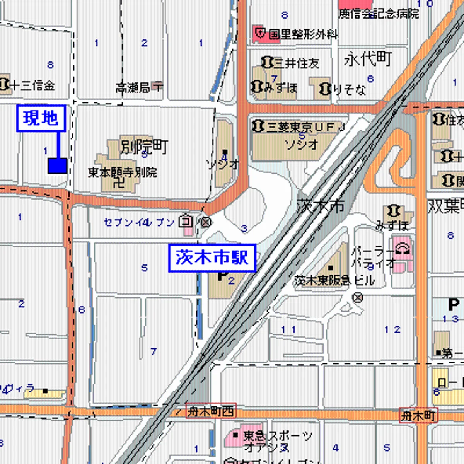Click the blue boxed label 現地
point(41,118)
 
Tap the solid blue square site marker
point(57,165)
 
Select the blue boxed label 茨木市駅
point(212,258)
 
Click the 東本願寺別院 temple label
point(122,172)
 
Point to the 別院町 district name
point(144,147)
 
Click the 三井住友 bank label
point(296,63)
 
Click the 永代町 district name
point(368,59)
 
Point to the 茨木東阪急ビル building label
point(334,281)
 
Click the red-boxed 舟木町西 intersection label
point(211,411)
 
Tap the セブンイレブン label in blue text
point(139,222)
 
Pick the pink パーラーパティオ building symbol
point(402,251)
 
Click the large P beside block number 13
point(454,304)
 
